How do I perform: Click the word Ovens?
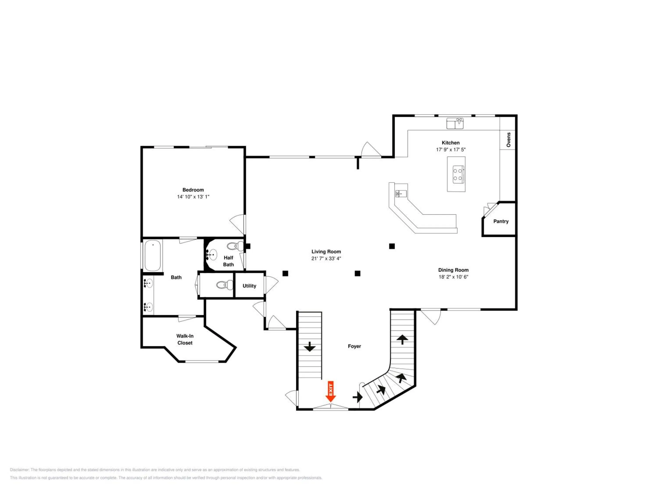click(508, 140)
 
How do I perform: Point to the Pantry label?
click(501, 221)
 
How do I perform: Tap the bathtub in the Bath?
click(153, 255)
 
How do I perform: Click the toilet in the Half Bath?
click(235, 246)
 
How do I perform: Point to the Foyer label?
click(354, 346)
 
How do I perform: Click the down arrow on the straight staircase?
click(310, 346)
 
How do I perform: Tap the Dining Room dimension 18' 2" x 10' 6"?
click(453, 277)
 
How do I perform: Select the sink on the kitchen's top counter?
click(455, 123)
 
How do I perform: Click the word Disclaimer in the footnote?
click(20, 470)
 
